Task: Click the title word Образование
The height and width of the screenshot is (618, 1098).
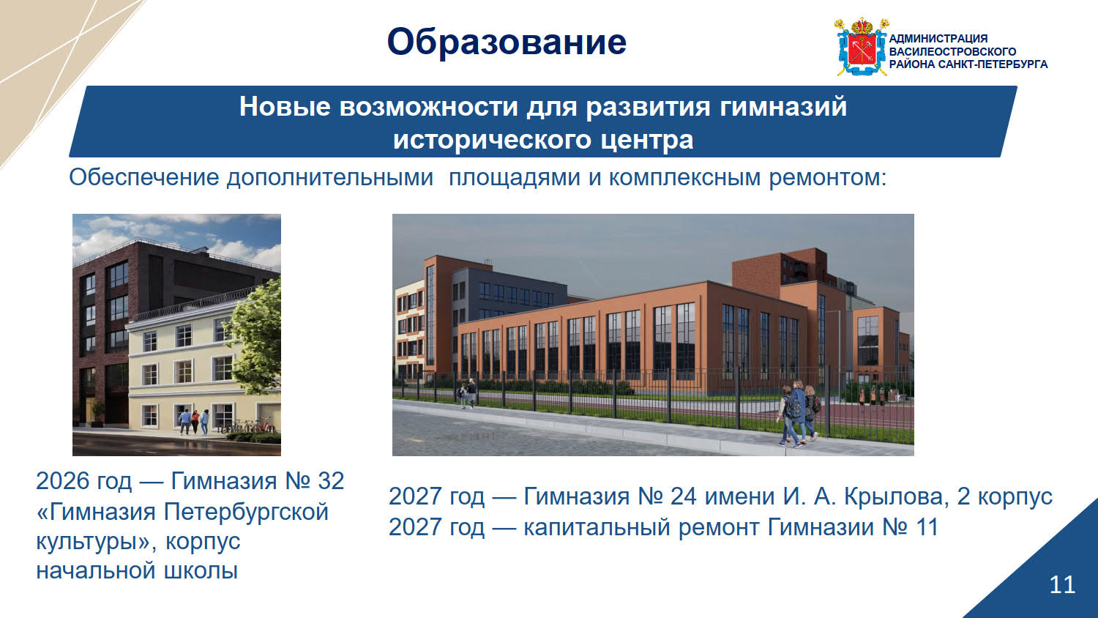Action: [x=507, y=42]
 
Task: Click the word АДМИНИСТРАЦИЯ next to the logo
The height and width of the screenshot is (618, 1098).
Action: [x=938, y=38]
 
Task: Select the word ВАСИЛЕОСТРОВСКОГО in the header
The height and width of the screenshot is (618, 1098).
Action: [x=952, y=51]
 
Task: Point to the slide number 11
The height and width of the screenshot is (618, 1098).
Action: [x=1062, y=584]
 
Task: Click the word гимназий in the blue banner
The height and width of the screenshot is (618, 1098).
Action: [x=783, y=107]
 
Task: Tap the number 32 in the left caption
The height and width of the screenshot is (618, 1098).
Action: [x=331, y=480]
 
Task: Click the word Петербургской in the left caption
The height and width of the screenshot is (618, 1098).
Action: [x=245, y=512]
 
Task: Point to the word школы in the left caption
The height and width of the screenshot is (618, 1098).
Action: [x=201, y=571]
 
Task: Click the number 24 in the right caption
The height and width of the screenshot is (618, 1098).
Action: [x=683, y=496]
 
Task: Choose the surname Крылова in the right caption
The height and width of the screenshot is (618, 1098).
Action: [x=894, y=496]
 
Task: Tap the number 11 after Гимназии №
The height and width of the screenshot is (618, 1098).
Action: [x=926, y=527]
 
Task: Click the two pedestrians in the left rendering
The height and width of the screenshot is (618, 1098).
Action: [x=194, y=421]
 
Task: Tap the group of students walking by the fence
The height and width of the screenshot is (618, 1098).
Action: [x=796, y=414]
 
